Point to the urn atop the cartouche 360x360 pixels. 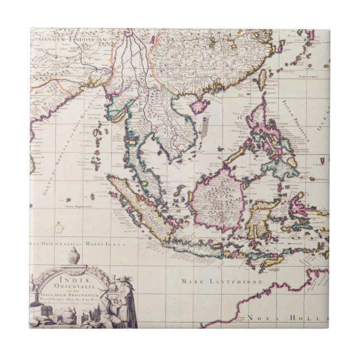(74, 258)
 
